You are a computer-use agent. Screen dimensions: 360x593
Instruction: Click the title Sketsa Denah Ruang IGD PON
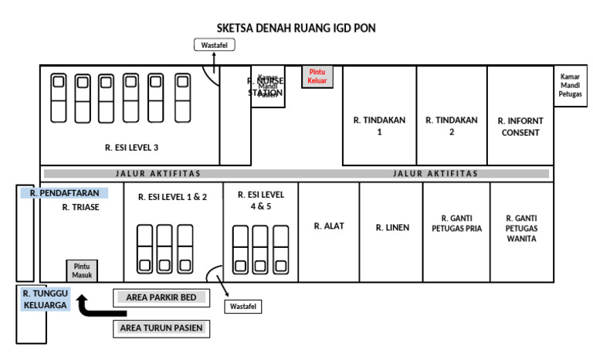pos(296,28)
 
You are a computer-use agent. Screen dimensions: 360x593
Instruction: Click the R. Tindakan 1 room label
pos(379,126)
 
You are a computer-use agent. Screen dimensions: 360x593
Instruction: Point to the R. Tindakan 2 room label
pos(452,126)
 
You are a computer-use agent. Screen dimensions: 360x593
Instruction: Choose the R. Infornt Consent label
pos(520,127)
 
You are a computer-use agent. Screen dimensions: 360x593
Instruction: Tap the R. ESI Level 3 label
pos(132,147)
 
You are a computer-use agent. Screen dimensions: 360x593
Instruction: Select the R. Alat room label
pos(329,226)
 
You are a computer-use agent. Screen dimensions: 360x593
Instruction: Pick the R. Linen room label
pos(391,227)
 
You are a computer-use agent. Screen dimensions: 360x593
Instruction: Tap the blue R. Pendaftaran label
pos(65,193)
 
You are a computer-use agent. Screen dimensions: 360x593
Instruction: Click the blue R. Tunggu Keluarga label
pos(46,299)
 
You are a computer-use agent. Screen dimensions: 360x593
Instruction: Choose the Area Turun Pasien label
pos(161,328)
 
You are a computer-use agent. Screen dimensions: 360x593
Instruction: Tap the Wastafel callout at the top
pos(214,46)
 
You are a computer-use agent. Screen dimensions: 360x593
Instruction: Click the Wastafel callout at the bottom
pos(243,307)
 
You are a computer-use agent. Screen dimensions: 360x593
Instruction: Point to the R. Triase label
pos(81,207)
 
